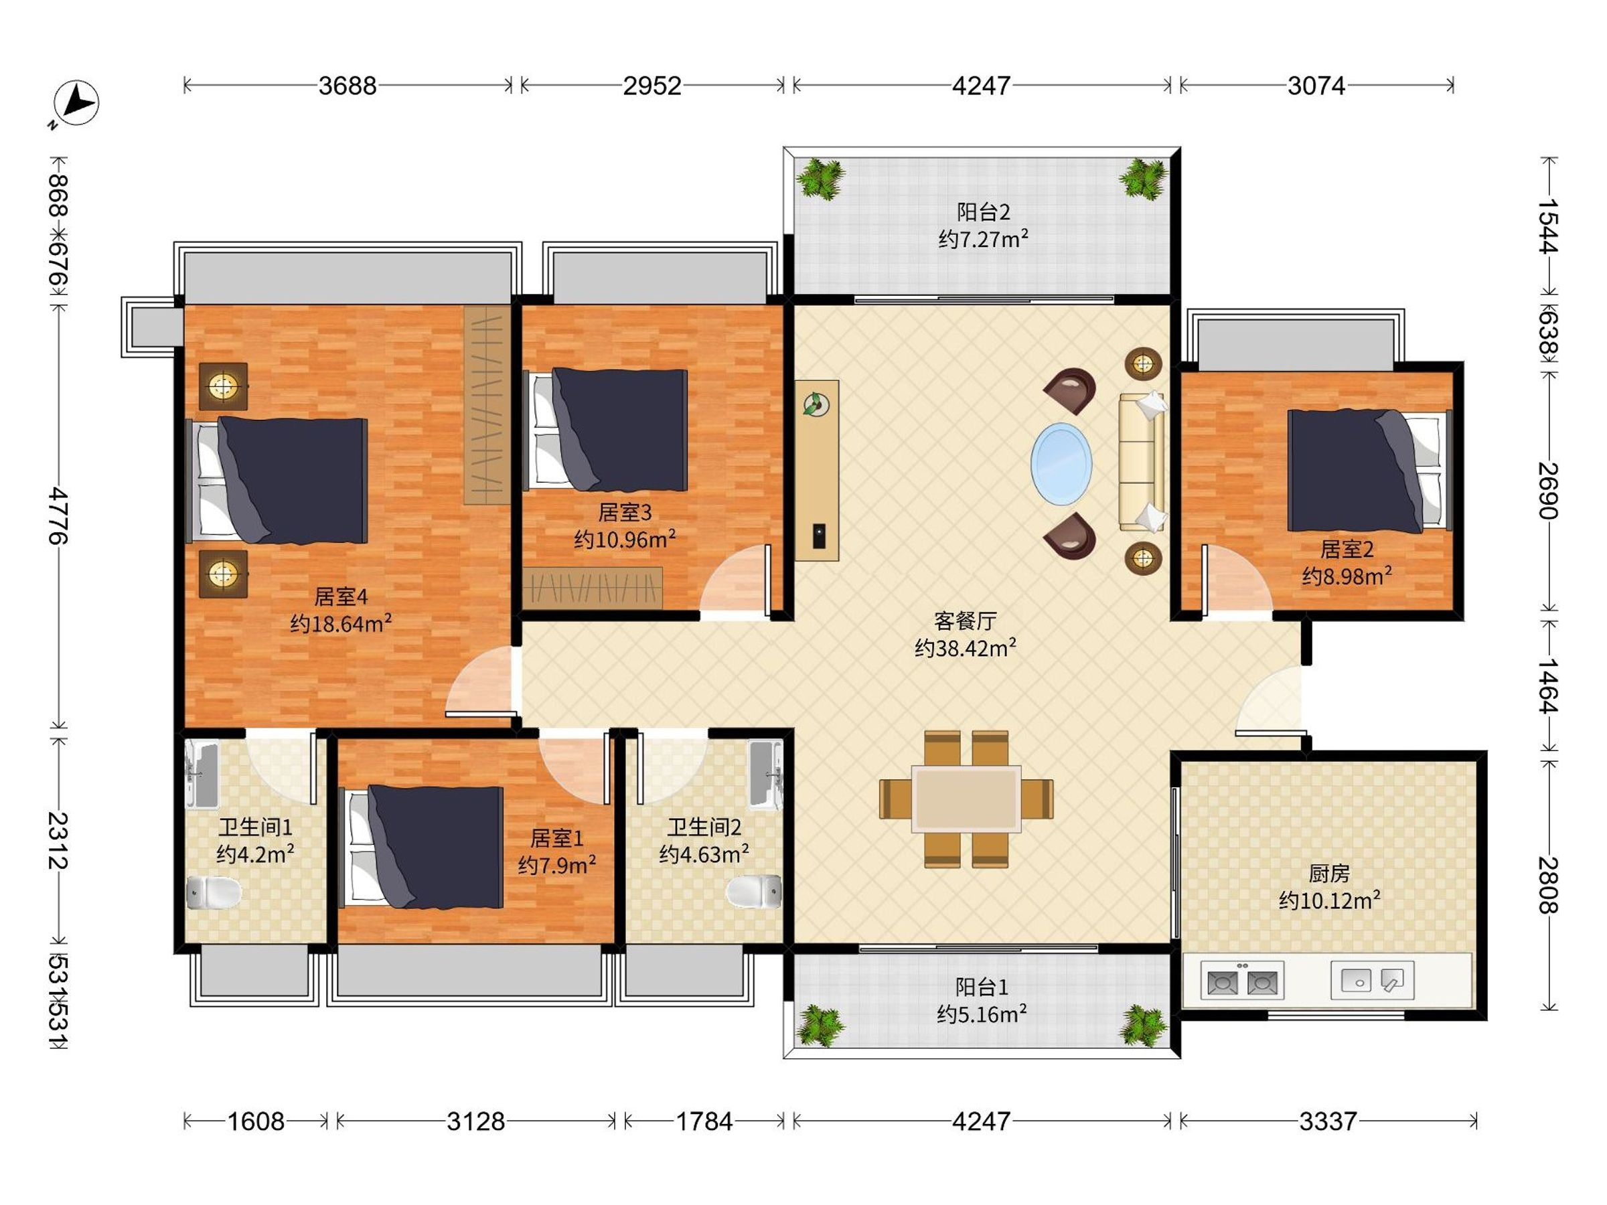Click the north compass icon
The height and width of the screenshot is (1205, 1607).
coord(76,103)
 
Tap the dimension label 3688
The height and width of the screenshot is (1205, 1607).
coord(348,86)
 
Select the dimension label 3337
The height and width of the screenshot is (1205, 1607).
coord(1328,1121)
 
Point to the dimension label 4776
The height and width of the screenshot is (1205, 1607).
coord(58,515)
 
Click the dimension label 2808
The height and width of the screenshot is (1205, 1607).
coord(1547,885)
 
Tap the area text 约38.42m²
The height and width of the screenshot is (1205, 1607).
coord(965,647)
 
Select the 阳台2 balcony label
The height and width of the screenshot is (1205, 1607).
coord(983,212)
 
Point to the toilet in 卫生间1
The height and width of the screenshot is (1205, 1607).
coord(214,892)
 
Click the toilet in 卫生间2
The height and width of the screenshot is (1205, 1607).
coord(754,891)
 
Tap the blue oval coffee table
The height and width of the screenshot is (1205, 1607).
coord(1061,464)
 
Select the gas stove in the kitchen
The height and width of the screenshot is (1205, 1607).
coord(1241,981)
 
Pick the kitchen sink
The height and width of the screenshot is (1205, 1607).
coord(1371,981)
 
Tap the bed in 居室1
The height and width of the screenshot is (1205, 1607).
coord(421,847)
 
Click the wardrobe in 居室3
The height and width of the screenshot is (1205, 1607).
coord(592,587)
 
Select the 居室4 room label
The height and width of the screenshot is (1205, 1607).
coord(341,597)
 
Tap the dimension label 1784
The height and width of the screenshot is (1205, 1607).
coord(704,1121)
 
